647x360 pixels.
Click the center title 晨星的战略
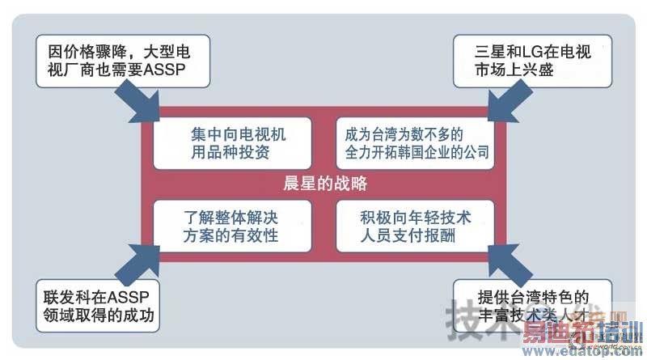[x=326, y=184]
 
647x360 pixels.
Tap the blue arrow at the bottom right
[x=508, y=260]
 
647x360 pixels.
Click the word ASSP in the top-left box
[x=165, y=70]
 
